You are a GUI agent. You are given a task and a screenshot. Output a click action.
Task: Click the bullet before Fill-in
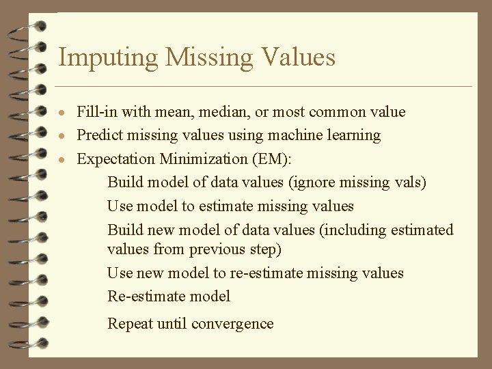pos(62,113)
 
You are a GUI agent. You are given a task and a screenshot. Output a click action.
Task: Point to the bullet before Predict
pos(62,136)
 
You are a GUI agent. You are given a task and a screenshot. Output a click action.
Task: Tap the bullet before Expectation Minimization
pos(62,159)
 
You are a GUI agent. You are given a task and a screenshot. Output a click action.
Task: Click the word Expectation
pos(116,159)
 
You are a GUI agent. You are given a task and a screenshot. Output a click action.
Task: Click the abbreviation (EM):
pos(273,159)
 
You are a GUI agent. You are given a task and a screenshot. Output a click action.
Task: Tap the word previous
pos(217,249)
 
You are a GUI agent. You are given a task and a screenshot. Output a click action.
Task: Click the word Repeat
pos(131,324)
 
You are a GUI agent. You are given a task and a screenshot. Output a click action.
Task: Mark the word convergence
pos(232,324)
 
